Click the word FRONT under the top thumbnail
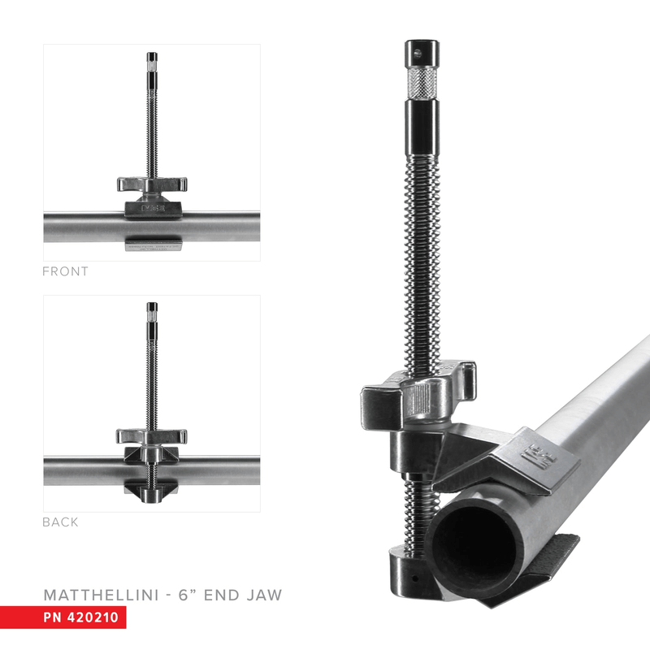pos(65,272)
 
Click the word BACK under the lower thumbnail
pos(60,522)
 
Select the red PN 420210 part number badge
pos(80,617)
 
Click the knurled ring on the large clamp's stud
pos(420,85)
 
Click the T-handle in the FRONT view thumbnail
pos(152,185)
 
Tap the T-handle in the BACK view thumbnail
pos(152,436)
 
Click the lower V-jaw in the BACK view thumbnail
pos(152,492)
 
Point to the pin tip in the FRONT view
pos(152,58)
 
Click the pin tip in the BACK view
pos(152,308)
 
